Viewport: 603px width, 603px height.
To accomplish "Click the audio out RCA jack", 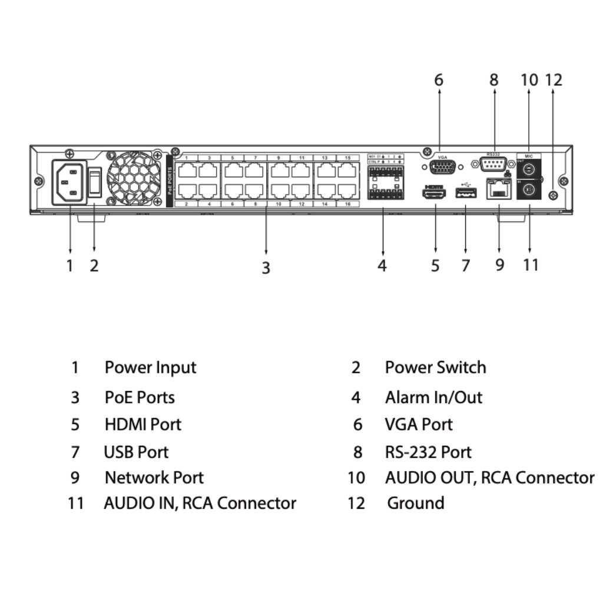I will pos(529,170).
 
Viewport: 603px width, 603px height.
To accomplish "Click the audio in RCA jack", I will pos(529,190).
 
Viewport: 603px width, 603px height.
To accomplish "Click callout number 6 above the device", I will pos(439,79).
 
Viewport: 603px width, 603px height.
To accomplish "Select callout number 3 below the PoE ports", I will pos(266,267).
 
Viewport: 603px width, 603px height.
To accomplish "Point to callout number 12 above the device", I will pos(554,79).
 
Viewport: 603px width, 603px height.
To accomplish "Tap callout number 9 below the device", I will pos(499,265).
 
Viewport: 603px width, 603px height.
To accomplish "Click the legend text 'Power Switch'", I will pos(435,367).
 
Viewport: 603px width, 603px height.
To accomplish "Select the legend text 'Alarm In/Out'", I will pos(433,397).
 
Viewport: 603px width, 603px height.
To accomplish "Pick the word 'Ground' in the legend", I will pos(415,503).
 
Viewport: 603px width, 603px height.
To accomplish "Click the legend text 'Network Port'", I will pos(154,477).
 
